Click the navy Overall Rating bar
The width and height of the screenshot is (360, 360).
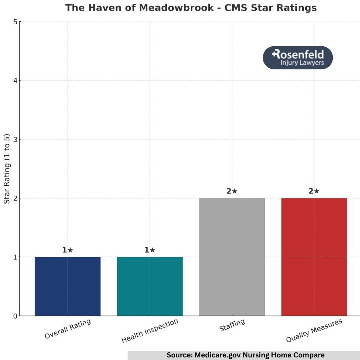[68, 286]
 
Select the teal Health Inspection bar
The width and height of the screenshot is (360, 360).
[150, 286]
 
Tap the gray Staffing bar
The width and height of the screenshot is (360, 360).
[232, 257]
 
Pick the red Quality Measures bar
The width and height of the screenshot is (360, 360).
[314, 257]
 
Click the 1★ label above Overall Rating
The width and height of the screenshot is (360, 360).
[68, 250]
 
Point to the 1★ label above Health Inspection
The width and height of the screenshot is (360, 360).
[150, 250]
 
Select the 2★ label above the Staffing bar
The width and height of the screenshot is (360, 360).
[232, 191]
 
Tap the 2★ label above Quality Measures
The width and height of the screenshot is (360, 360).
[314, 191]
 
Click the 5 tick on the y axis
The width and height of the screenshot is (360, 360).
[15, 22]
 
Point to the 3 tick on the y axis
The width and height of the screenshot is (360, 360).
[15, 140]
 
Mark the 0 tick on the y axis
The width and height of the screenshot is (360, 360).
[15, 316]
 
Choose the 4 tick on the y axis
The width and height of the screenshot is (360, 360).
[15, 81]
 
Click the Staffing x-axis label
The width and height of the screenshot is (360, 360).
[232, 325]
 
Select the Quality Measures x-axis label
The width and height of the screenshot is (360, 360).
[314, 331]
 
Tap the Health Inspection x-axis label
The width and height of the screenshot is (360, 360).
[150, 331]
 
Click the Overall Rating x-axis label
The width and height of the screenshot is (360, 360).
[68, 329]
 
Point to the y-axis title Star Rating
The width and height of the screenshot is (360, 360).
[7, 169]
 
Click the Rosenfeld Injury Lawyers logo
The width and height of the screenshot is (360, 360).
[298, 58]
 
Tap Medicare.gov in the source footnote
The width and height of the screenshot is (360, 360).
[216, 355]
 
